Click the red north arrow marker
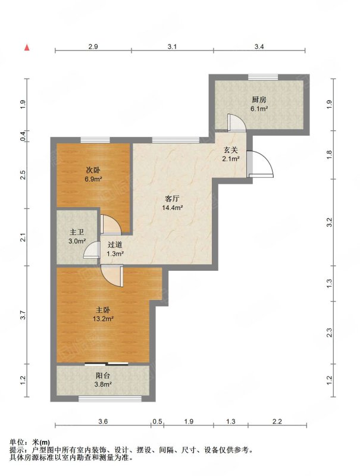27,48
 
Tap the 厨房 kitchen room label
259,99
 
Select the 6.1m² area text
259,109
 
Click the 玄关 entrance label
231,150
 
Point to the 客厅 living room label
172,199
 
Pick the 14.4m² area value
172,208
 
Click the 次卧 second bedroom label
93,170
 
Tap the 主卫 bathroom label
77,232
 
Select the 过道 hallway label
115,245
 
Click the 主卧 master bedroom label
103,310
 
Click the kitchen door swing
236,123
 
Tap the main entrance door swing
260,164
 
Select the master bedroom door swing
112,275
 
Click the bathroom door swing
92,250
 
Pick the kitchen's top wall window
263,77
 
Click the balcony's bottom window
110,399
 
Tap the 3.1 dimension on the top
172,46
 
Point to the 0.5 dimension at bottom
157,421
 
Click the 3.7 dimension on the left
24,315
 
